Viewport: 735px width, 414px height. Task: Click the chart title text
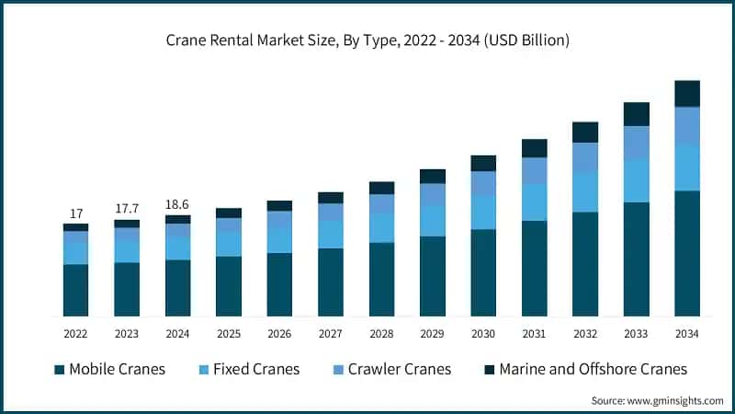click(x=367, y=40)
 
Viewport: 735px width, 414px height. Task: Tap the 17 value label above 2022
click(x=76, y=213)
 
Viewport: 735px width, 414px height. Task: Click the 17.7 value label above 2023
click(x=127, y=209)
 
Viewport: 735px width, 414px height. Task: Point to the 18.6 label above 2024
click(x=178, y=204)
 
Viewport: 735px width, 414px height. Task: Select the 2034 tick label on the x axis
click(x=687, y=332)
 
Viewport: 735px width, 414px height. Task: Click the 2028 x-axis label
click(x=381, y=332)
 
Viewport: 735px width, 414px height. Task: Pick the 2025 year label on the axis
click(x=229, y=332)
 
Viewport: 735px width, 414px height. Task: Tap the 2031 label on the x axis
click(x=535, y=332)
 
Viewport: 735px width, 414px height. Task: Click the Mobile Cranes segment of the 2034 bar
click(x=687, y=253)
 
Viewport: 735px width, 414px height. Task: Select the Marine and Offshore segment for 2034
click(x=687, y=93)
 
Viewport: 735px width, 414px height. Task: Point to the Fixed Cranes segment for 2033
click(x=637, y=180)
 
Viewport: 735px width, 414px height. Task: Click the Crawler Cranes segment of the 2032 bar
click(x=585, y=156)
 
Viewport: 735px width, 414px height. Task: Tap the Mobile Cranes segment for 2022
click(x=76, y=290)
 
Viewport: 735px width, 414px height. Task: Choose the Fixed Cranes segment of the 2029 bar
click(x=433, y=221)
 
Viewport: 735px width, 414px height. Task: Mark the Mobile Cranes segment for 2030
click(x=483, y=272)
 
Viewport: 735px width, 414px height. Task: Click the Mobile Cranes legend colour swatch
click(x=60, y=370)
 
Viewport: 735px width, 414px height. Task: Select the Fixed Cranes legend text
click(x=256, y=370)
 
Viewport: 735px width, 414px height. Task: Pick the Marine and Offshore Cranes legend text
click(x=593, y=370)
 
